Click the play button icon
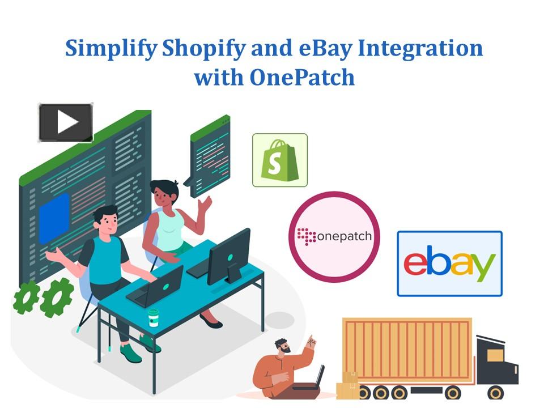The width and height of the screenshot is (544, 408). coord(66,122)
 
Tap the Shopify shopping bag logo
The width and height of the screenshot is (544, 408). coord(280,160)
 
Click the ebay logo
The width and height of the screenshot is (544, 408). coord(449,263)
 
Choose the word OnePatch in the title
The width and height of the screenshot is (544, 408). coord(302,77)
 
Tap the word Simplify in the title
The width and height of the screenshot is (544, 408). coord(110,49)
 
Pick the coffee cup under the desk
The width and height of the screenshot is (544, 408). coord(153,318)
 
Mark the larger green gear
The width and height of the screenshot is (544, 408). coord(57,296)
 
